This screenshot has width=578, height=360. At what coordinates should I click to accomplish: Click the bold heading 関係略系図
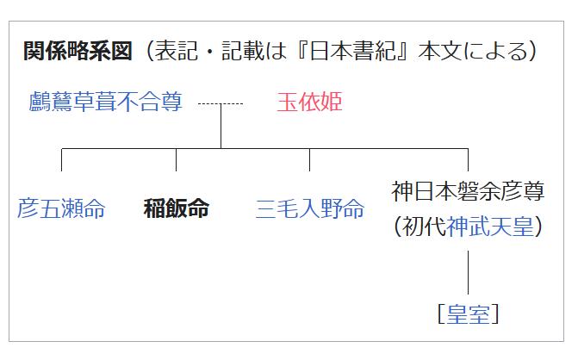coord(78,52)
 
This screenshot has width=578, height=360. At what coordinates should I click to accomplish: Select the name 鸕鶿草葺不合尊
coord(105,103)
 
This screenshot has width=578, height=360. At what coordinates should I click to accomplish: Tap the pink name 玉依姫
coord(309,103)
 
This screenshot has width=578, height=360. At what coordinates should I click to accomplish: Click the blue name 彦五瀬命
coord(61,208)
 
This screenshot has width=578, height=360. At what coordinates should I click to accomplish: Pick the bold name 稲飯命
coord(176,208)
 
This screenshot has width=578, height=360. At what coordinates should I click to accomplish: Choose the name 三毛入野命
coord(310,208)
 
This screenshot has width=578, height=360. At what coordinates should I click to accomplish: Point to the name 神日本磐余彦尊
coord(468,191)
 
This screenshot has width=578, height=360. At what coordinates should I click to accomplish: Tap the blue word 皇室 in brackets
coord(468,314)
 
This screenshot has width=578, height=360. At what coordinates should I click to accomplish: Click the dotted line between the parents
coord(221,104)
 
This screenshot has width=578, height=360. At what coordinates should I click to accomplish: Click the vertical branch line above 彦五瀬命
coord(62,160)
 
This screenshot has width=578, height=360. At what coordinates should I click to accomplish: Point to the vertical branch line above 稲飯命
coord(176,160)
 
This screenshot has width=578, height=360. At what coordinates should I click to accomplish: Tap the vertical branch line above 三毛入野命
coord(310,160)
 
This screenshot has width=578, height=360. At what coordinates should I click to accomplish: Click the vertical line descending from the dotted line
coord(221,127)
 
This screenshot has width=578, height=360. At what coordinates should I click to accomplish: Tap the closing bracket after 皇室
coord(494,314)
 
